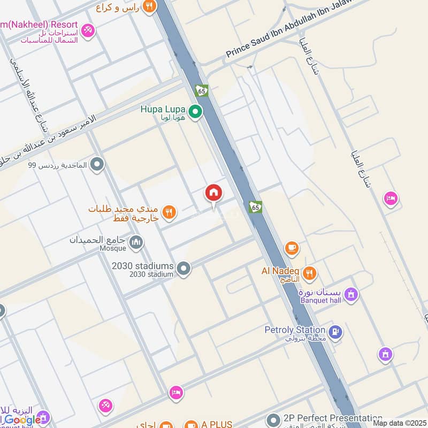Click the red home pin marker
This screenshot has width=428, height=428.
213,194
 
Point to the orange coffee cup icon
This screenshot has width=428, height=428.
292,248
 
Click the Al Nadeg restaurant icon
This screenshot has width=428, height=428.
309,274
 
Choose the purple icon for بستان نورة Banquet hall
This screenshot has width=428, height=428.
351,294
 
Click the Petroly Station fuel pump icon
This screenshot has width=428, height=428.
335,332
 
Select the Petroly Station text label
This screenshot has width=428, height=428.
295,330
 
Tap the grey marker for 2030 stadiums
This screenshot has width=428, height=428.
184,269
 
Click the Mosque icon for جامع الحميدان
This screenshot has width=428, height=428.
137,243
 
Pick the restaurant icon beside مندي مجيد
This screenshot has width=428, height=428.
169,212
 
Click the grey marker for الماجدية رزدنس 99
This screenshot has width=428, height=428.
97,165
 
